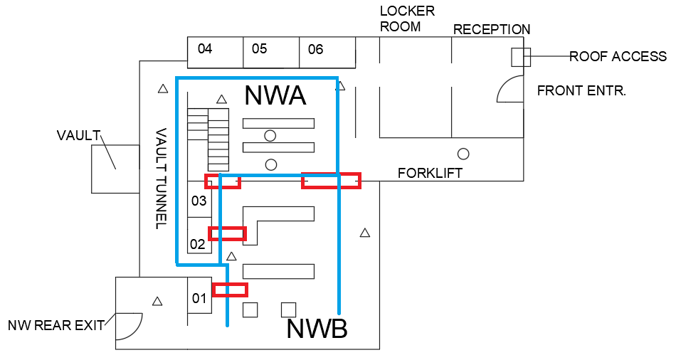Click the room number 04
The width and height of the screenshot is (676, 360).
coord(205,49)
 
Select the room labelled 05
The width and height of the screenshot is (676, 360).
coord(259,49)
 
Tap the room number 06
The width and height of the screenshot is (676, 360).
coord(315,49)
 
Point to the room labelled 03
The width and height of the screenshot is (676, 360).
coord(199,201)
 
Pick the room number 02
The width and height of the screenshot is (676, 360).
coord(197,244)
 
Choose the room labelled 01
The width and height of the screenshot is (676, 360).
coord(199,298)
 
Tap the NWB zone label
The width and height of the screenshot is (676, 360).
coord(317,329)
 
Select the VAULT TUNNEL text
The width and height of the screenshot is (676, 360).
coord(161,179)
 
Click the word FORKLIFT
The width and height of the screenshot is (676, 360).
coord(431,173)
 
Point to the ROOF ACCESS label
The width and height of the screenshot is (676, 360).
coord(618,57)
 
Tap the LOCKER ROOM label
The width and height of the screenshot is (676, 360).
coord(407,19)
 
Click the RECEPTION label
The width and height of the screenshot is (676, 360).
coord(492,30)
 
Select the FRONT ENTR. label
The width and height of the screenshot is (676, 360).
coord(581,91)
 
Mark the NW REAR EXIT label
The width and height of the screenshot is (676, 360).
coord(56,326)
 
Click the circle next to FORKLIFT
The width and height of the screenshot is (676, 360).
coord(463,153)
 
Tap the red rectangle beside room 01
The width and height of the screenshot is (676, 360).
coord(231,290)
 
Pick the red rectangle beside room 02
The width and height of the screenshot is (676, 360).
coord(227,233)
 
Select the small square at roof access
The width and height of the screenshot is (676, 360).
coord(521,57)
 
